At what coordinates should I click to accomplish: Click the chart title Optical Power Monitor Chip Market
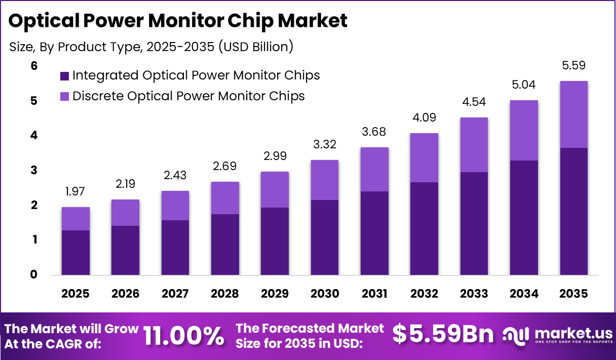click(x=178, y=21)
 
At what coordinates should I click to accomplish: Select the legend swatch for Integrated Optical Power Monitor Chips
click(x=64, y=76)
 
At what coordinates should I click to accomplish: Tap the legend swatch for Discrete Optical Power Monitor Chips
click(x=64, y=96)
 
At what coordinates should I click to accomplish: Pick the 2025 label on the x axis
click(x=75, y=294)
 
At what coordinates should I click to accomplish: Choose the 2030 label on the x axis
click(x=325, y=294)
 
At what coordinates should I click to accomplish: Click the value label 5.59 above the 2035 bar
click(x=574, y=65)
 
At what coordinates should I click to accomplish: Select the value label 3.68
click(x=374, y=132)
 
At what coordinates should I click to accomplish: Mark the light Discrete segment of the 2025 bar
click(x=75, y=219)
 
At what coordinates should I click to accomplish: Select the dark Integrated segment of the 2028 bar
click(x=225, y=245)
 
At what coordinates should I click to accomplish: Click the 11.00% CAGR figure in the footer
click(x=183, y=335)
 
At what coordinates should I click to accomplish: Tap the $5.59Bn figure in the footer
click(x=443, y=335)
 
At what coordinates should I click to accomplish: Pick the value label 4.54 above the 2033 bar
click(x=474, y=102)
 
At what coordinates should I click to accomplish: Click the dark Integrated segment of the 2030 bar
click(x=325, y=237)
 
